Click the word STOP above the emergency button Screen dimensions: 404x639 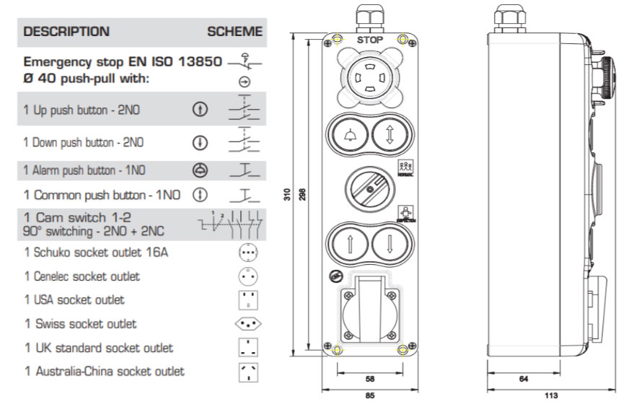point(370,40)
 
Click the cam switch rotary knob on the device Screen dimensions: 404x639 point(370,187)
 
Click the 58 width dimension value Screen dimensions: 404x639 point(370,378)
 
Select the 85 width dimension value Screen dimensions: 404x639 point(370,395)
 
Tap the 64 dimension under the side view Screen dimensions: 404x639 point(524,378)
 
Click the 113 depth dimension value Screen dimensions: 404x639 point(551,395)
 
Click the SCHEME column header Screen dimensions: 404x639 point(234,32)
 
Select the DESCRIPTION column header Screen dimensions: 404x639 point(66,32)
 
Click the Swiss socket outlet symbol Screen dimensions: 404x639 point(247,324)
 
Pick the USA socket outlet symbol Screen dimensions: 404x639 point(247,300)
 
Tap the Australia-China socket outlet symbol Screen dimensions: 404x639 point(247,372)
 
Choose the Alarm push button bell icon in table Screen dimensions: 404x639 point(200,171)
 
